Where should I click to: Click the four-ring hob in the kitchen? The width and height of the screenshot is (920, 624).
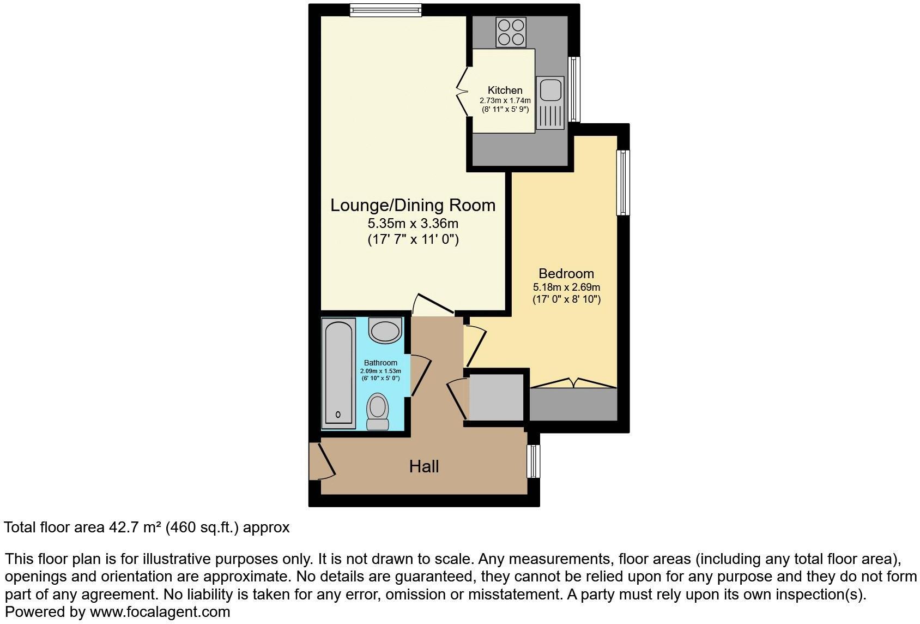coord(511,33)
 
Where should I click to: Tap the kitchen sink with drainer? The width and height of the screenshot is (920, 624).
coord(549,103)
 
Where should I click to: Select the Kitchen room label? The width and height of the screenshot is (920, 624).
coord(505,90)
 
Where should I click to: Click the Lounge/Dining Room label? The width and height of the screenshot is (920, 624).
coord(413,205)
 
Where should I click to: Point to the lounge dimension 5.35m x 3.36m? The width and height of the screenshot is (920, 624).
coord(413,223)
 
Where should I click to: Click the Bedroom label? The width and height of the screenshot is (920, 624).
coord(566,273)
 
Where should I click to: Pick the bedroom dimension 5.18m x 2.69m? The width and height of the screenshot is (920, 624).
coord(566,287)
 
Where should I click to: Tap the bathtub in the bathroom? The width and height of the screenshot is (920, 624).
coord(338,373)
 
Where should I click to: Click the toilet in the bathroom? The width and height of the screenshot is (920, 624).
coord(377,412)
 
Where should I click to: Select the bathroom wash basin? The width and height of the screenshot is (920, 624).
coord(385,330)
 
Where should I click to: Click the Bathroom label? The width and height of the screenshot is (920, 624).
coord(380,363)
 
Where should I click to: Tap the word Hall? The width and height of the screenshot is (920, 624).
coord(424,466)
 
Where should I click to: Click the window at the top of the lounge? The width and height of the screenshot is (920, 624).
coord(385,10)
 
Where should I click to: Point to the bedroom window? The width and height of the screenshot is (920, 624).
coord(623,182)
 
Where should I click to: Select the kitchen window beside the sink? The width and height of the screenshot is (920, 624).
coord(574,89)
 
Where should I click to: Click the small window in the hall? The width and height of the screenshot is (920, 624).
coord(533,461)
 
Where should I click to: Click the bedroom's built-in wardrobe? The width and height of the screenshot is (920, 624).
coord(573,404)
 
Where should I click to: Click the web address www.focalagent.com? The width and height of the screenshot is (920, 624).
coord(160,612)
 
